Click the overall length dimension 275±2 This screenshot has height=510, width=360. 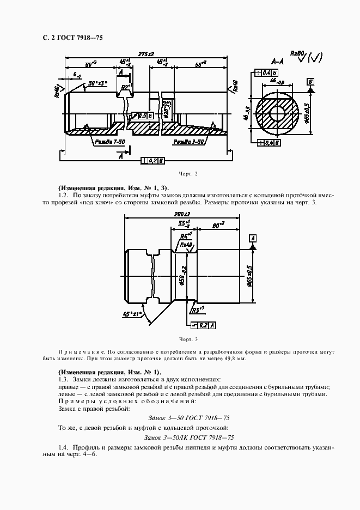pyautogui.click(x=146, y=53)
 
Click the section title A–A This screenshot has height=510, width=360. pyautogui.click(x=276, y=63)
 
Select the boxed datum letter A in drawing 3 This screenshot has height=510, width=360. pyautogui.click(x=253, y=238)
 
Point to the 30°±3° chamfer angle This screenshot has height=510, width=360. pyautogui.click(x=98, y=83)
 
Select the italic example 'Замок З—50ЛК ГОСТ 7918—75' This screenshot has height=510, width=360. pyautogui.click(x=189, y=437)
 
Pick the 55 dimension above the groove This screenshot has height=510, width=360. pyautogui.click(x=185, y=224)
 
